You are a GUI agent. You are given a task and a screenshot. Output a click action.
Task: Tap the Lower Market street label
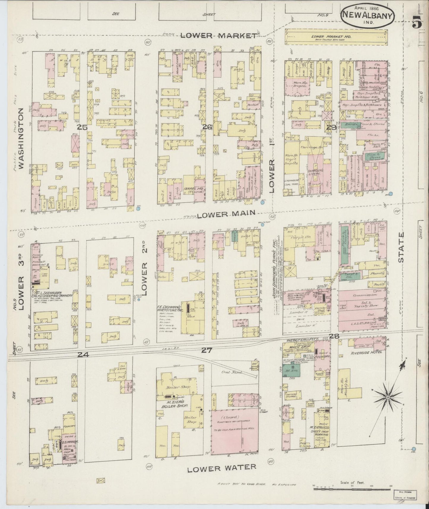pos(219,36)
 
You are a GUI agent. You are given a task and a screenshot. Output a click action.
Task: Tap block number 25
pos(82,127)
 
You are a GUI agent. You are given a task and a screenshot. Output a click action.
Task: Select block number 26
pos(207,127)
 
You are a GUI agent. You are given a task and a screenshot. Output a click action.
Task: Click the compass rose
pos(388,397)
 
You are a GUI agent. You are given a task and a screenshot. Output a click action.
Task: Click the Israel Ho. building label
pos(193,189)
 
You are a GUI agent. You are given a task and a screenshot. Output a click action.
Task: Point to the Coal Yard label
pos(234,372)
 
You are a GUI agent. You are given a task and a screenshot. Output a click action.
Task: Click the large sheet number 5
pos(417,21)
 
